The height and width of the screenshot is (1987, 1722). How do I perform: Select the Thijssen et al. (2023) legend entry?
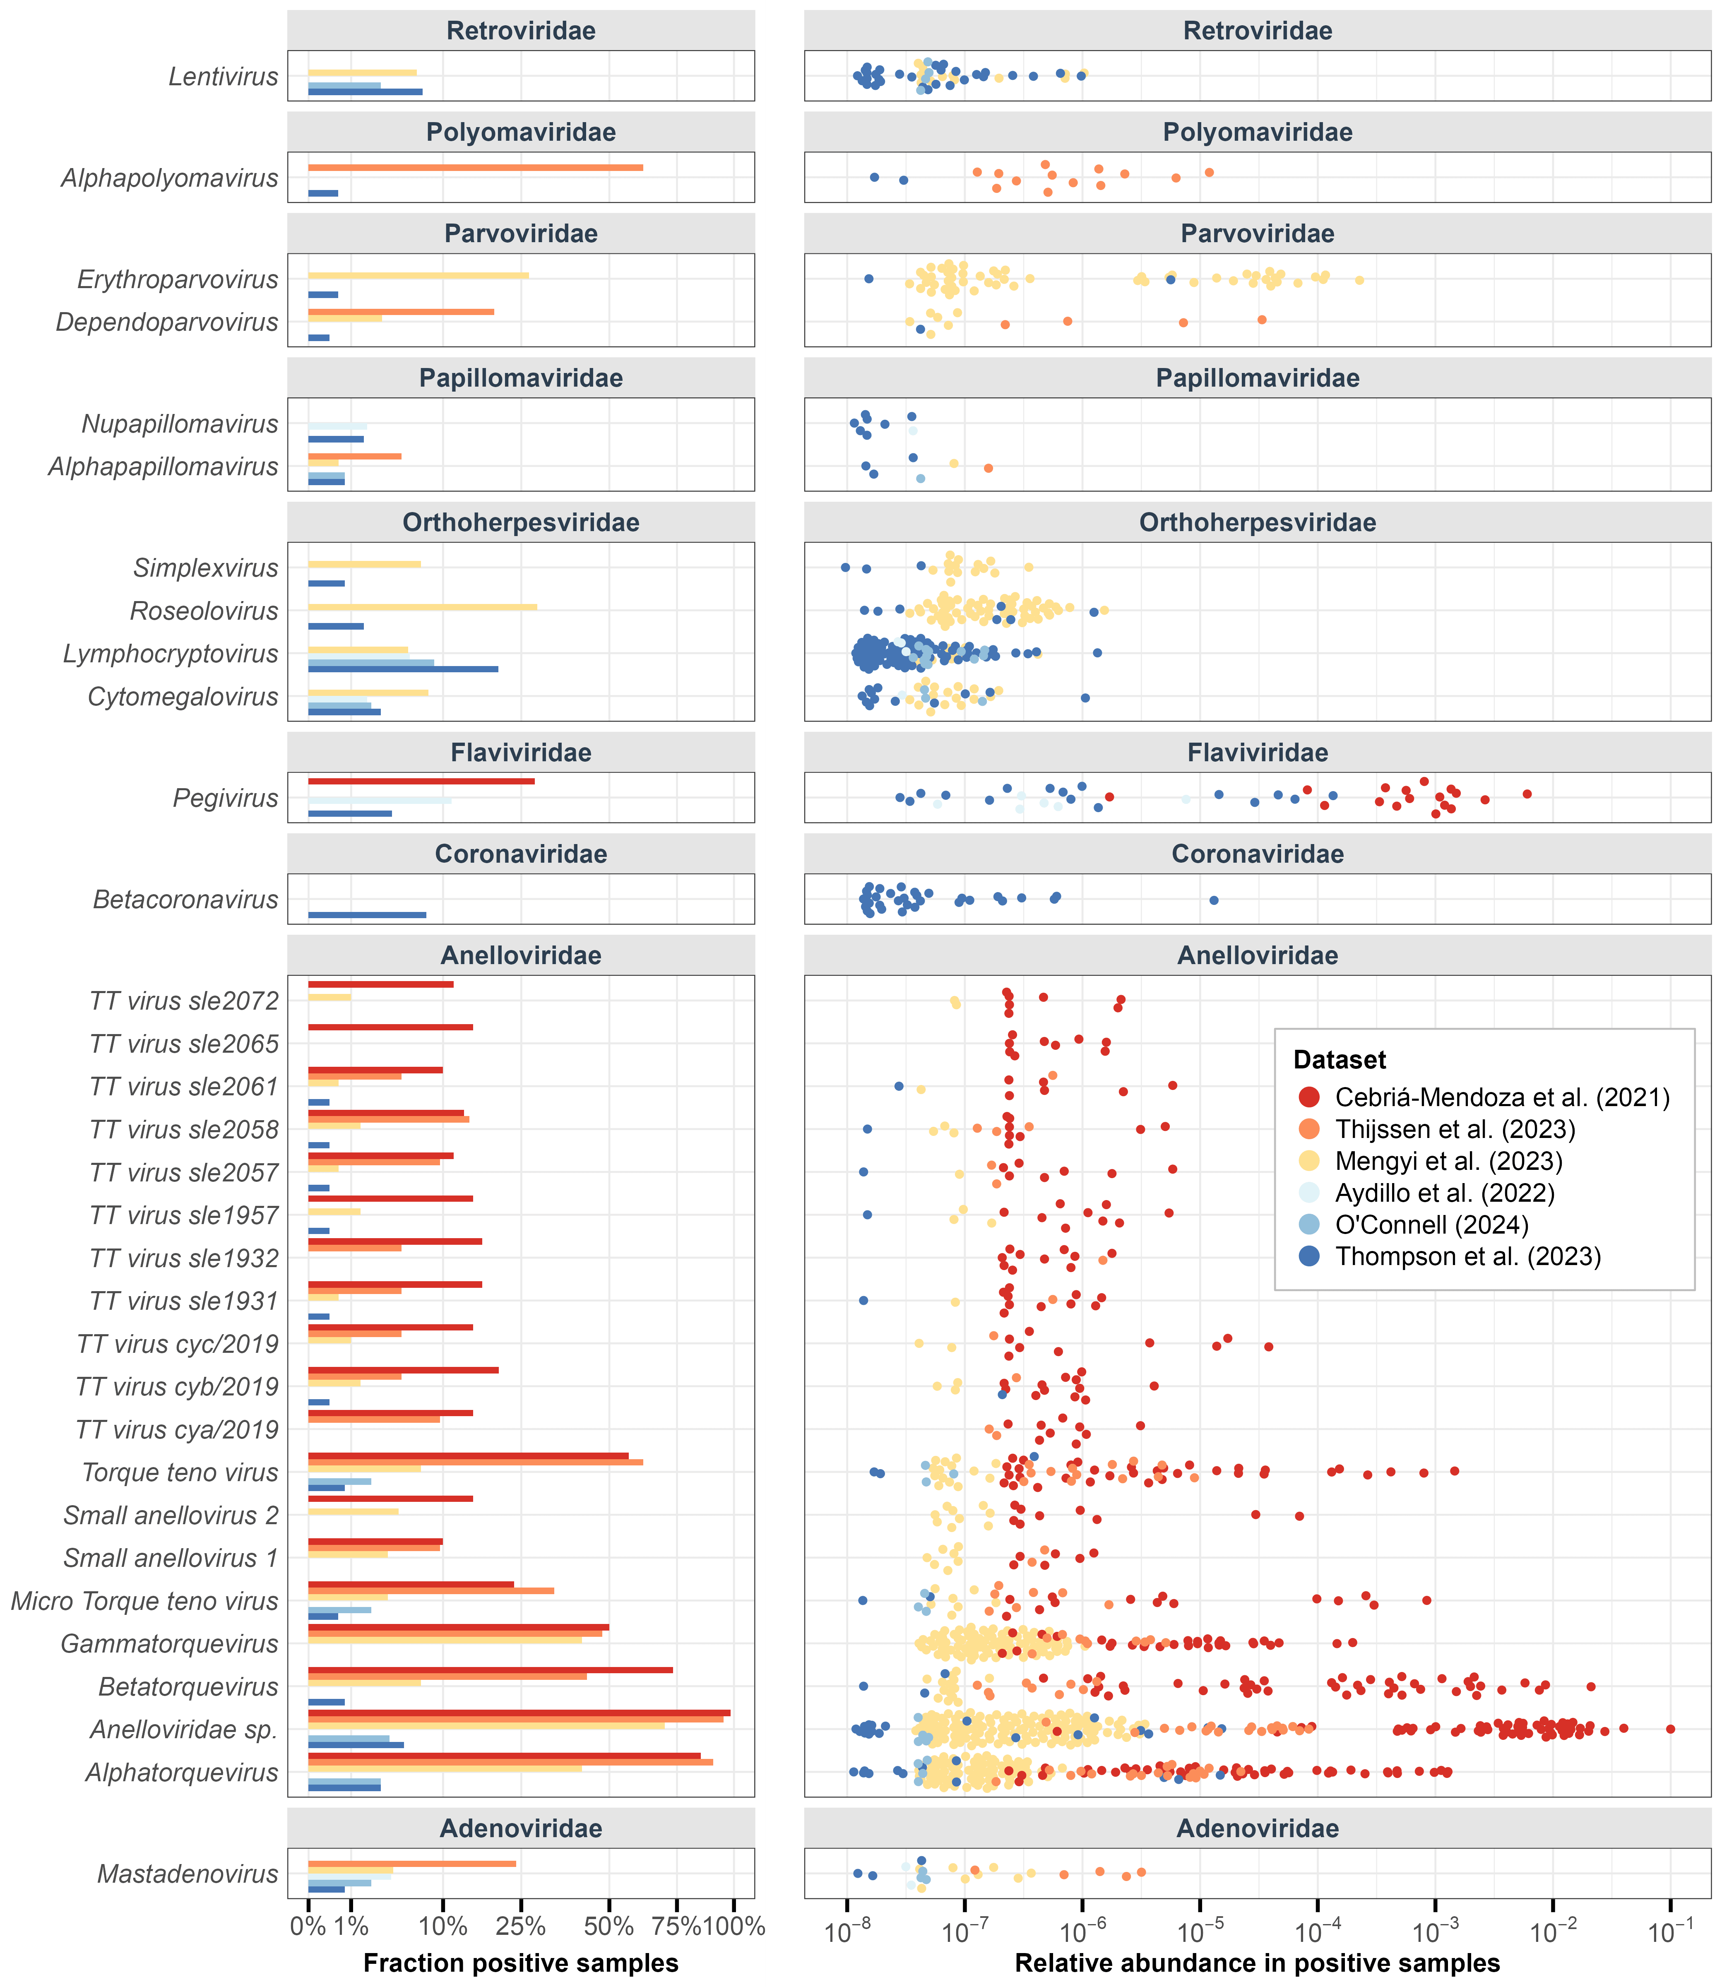point(1455,1129)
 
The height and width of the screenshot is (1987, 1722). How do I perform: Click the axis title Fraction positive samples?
point(521,1963)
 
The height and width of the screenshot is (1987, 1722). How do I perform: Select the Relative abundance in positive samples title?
point(1257,1963)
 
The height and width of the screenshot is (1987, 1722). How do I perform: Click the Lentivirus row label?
point(223,77)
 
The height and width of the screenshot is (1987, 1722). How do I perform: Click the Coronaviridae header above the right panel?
point(1257,854)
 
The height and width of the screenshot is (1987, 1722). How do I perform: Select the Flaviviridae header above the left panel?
point(521,752)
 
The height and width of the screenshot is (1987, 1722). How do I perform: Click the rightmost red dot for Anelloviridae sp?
point(1670,1729)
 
